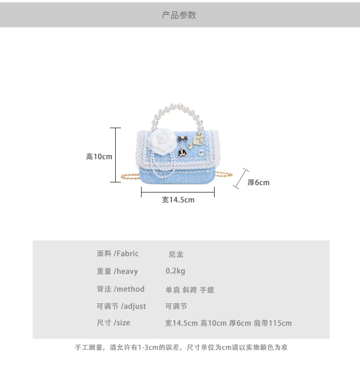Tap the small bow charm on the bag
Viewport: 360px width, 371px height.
tap(181, 138)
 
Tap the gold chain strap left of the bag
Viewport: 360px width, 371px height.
tap(130, 176)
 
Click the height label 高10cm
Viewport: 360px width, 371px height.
tap(99, 156)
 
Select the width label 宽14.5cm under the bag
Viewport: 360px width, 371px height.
tap(178, 200)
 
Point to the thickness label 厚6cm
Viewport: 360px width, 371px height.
tap(258, 182)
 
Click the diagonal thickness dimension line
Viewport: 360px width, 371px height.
tap(240, 178)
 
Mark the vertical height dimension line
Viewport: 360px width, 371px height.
tap(115, 155)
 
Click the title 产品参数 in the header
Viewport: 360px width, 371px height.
tap(179, 15)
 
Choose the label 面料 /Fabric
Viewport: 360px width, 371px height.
tap(118, 253)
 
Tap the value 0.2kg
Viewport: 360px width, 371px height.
tap(175, 271)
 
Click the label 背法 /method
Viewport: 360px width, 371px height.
tap(120, 289)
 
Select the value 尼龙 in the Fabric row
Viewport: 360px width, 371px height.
tap(176, 254)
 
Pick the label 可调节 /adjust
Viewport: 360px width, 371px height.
tap(121, 306)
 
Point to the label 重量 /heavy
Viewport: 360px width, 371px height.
tap(117, 271)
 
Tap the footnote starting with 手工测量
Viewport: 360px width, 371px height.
tap(181, 347)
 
